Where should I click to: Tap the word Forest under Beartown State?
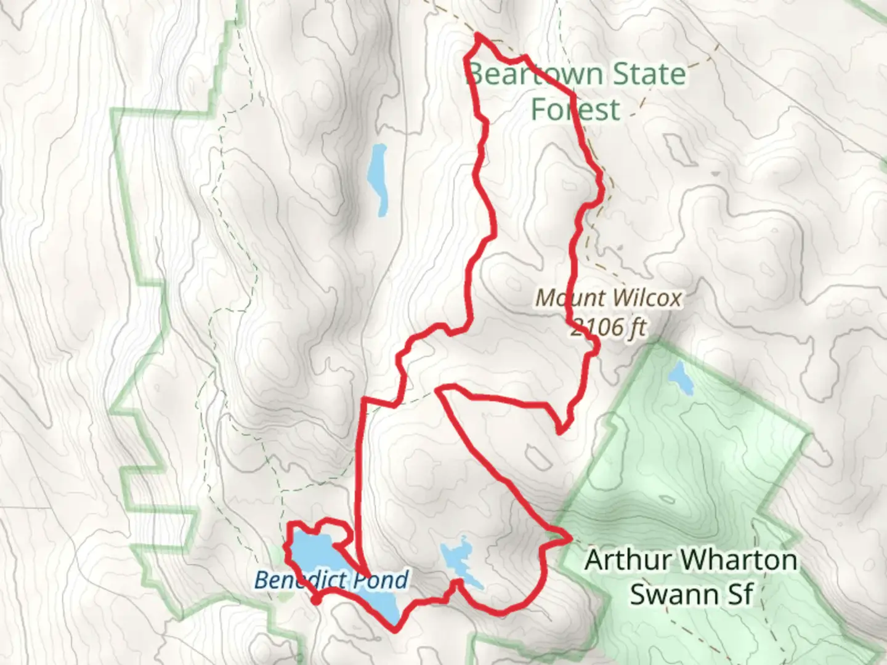coord(575,110)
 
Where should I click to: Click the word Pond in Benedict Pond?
coord(382,580)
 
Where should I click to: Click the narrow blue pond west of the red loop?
coord(377,179)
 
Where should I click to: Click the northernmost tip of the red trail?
coord(478,36)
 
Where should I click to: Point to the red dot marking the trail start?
coord(315,599)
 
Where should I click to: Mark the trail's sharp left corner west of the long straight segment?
coord(365,400)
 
